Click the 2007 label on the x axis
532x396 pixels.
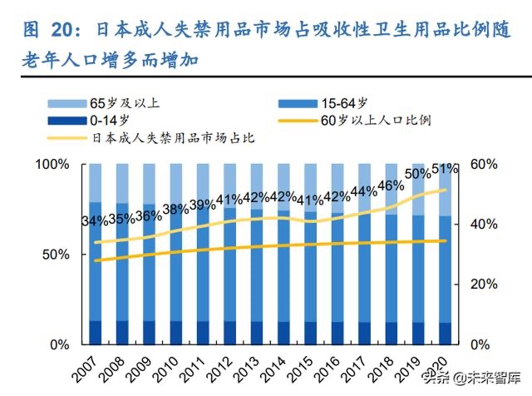84,364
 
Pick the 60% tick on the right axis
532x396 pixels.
485,165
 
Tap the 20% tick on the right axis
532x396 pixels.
485,285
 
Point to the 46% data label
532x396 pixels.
391,186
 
